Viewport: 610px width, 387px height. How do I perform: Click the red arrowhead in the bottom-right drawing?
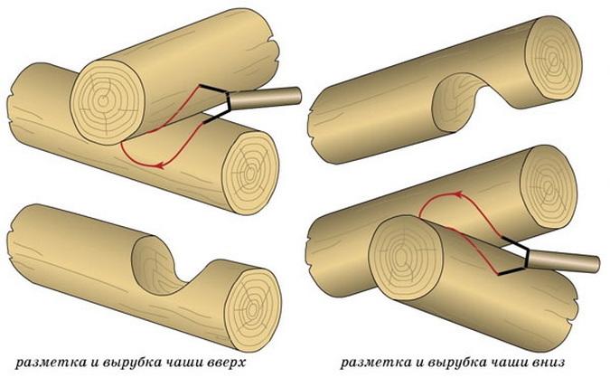coord(459,193)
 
